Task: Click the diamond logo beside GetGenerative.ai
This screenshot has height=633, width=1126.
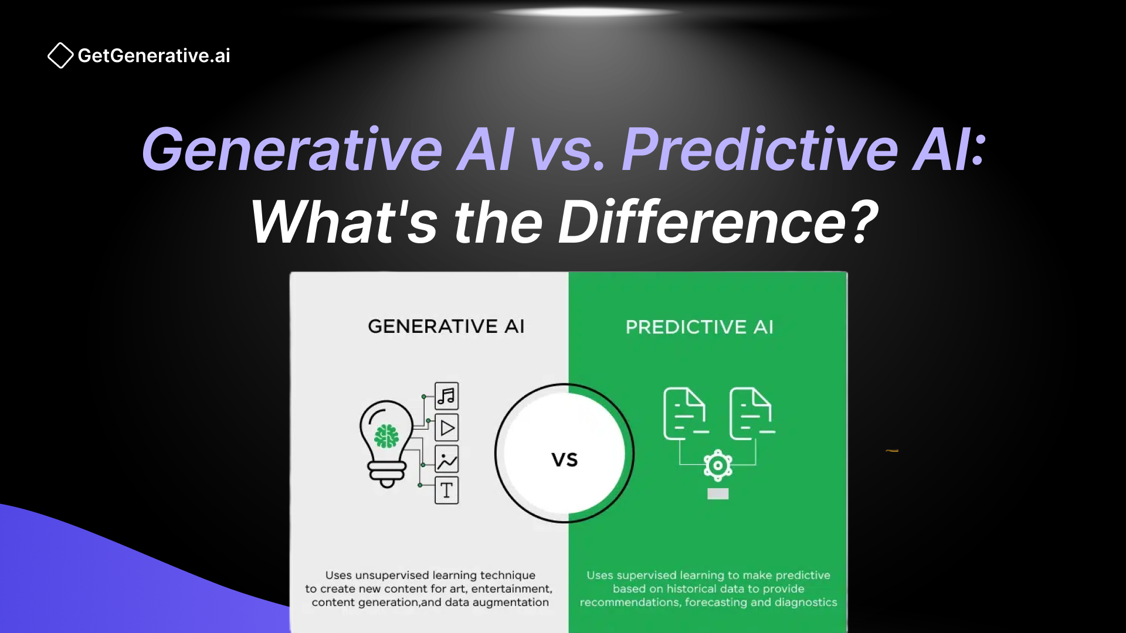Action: tap(60, 56)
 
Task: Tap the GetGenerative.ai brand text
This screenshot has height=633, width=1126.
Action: tap(154, 56)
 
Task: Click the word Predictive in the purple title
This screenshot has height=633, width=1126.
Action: tap(759, 150)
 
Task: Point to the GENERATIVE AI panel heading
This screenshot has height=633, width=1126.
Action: tap(446, 326)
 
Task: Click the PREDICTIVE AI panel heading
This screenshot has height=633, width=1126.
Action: tap(699, 327)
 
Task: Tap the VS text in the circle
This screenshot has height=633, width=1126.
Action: tap(565, 460)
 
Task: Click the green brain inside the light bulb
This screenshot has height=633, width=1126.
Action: tap(386, 436)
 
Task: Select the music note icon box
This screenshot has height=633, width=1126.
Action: tap(447, 396)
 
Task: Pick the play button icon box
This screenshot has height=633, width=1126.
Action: tap(447, 428)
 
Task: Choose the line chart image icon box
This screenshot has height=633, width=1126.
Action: tap(447, 460)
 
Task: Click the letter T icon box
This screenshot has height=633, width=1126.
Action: tap(447, 491)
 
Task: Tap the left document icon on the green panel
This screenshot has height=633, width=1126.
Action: tap(685, 414)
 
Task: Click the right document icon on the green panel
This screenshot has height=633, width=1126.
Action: tap(751, 414)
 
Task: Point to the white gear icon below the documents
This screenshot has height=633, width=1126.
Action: tap(718, 466)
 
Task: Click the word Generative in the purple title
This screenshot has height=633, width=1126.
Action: tap(291, 150)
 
